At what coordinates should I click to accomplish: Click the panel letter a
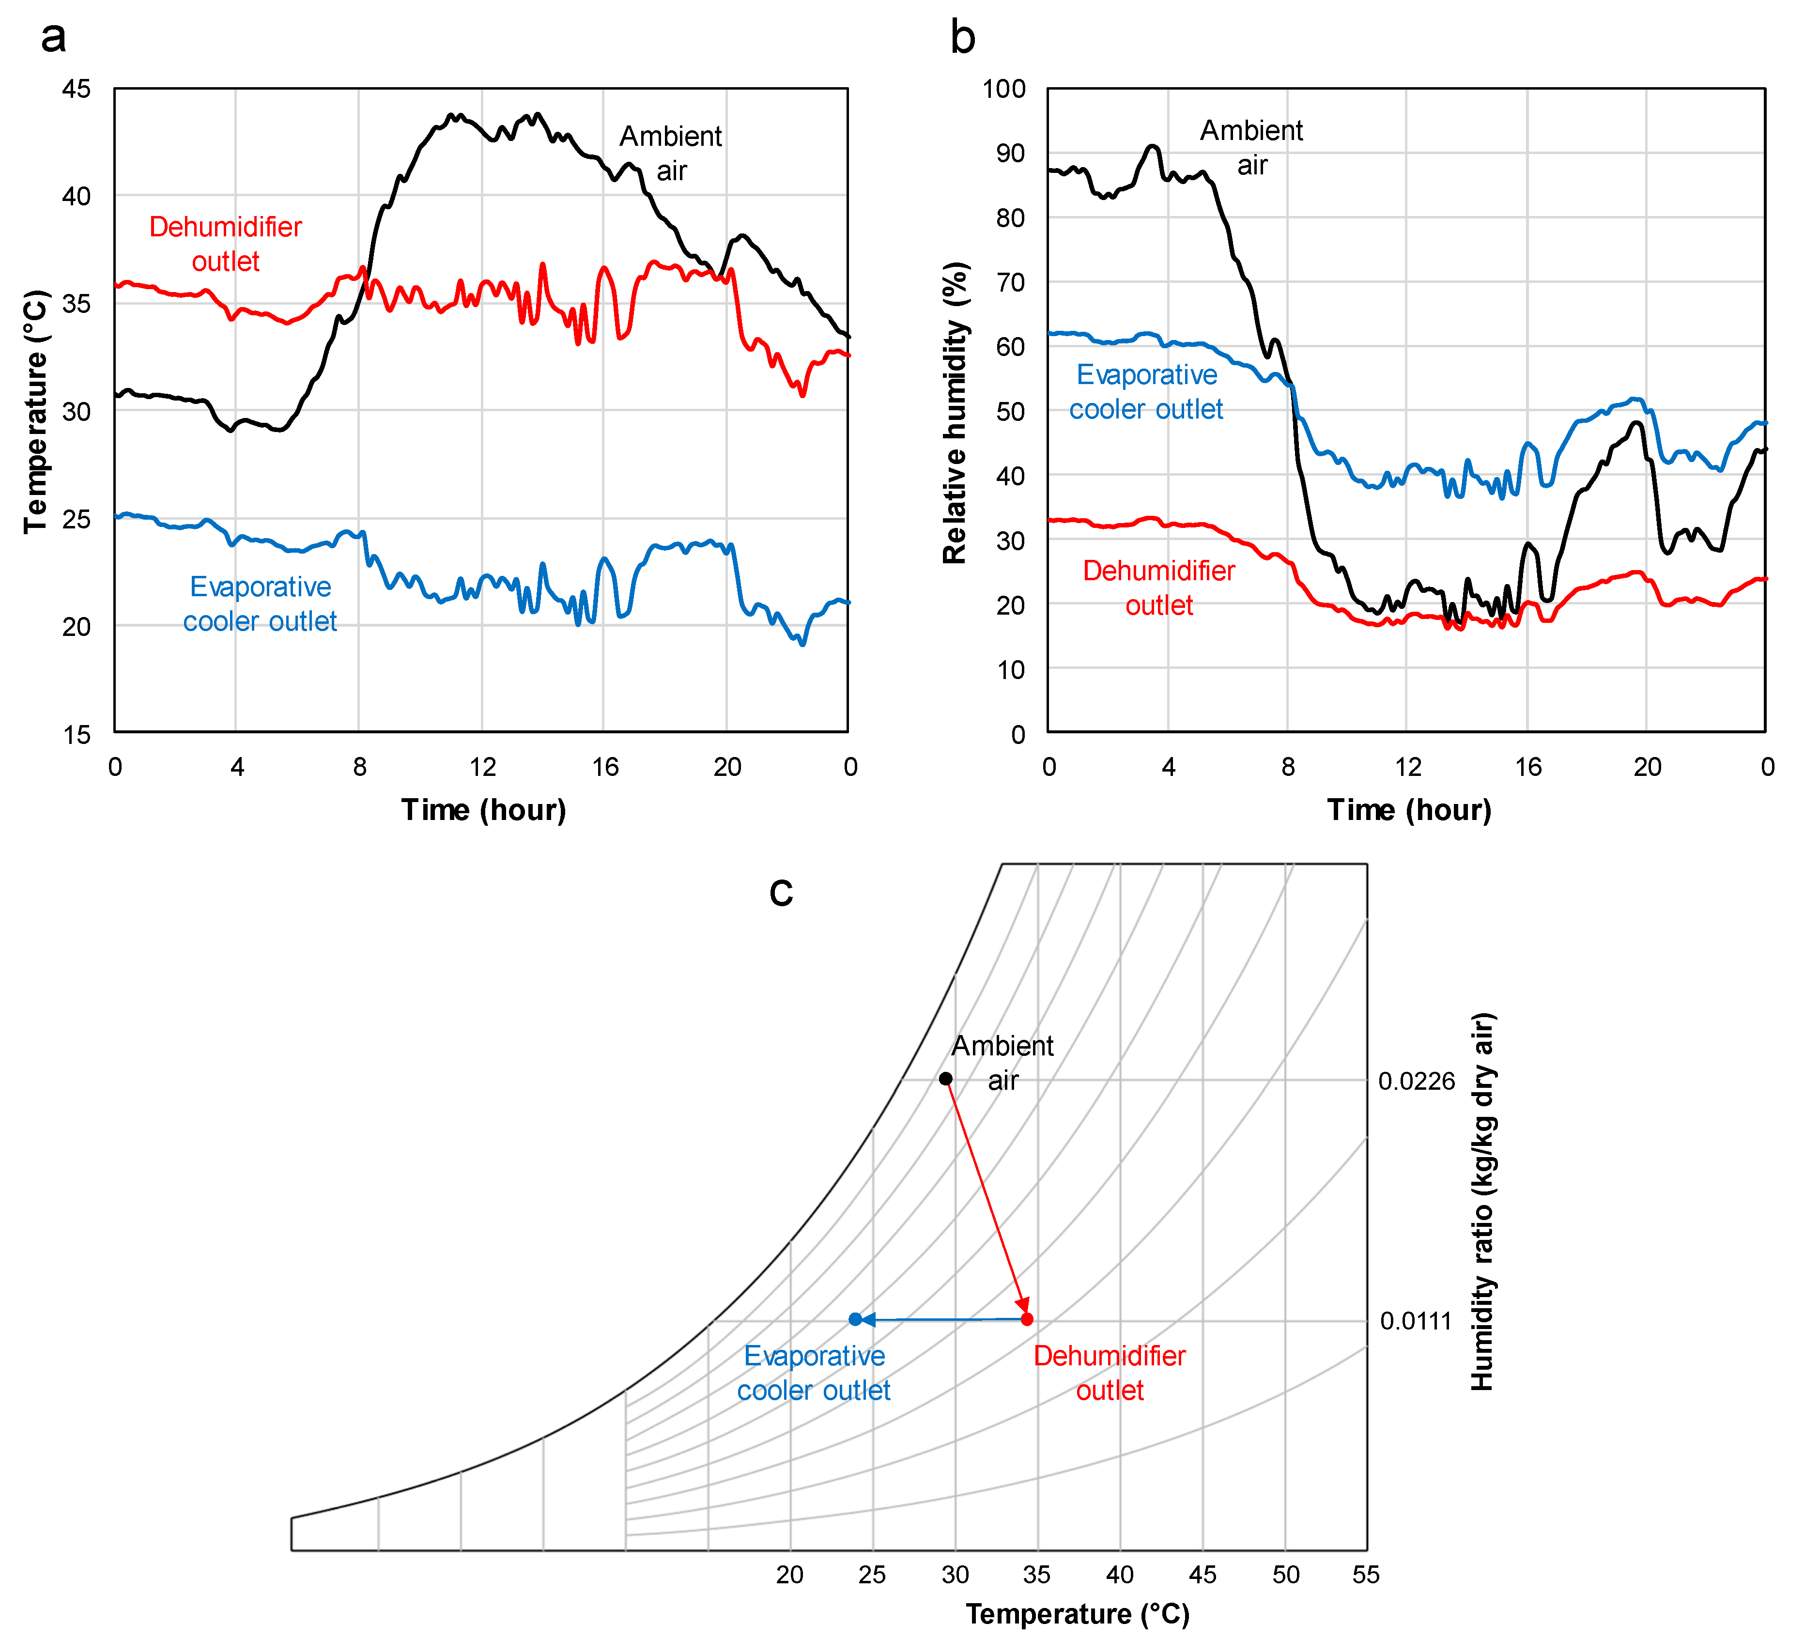click(x=54, y=38)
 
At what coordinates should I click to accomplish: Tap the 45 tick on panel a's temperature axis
click(x=77, y=89)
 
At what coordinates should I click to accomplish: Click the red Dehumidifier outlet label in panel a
click(x=226, y=244)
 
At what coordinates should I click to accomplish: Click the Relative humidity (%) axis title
click(x=955, y=412)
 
